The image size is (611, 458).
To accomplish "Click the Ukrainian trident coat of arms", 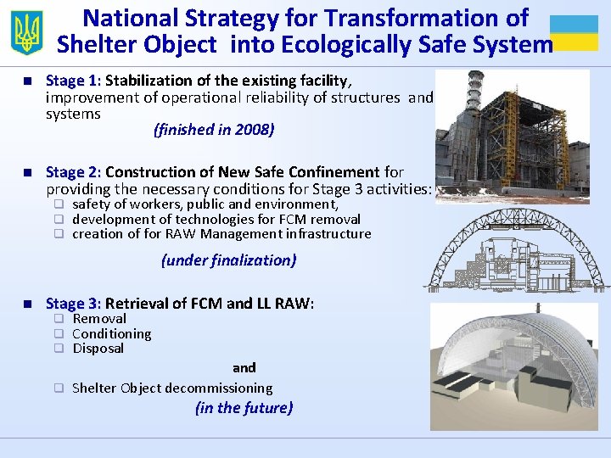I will [x=26, y=32].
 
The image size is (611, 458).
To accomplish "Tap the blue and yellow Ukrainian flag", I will [x=574, y=32].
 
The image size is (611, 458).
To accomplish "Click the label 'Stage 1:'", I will [x=73, y=81].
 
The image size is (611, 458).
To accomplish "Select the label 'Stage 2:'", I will [x=73, y=173].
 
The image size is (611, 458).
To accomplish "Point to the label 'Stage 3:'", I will [x=73, y=304].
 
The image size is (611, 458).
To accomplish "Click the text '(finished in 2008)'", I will [x=214, y=130].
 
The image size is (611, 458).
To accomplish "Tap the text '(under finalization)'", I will [x=229, y=260].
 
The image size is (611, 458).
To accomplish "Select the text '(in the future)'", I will [x=244, y=408].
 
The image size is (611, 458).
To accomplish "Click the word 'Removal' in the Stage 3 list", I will [x=99, y=319].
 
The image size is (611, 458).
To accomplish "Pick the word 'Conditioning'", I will [x=112, y=334].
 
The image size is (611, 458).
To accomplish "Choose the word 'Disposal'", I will [x=98, y=349].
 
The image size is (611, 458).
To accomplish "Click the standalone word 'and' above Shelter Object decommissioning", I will [x=244, y=368].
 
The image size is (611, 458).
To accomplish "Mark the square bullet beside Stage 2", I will [x=29, y=173].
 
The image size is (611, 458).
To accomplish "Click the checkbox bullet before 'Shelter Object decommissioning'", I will [x=59, y=388].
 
